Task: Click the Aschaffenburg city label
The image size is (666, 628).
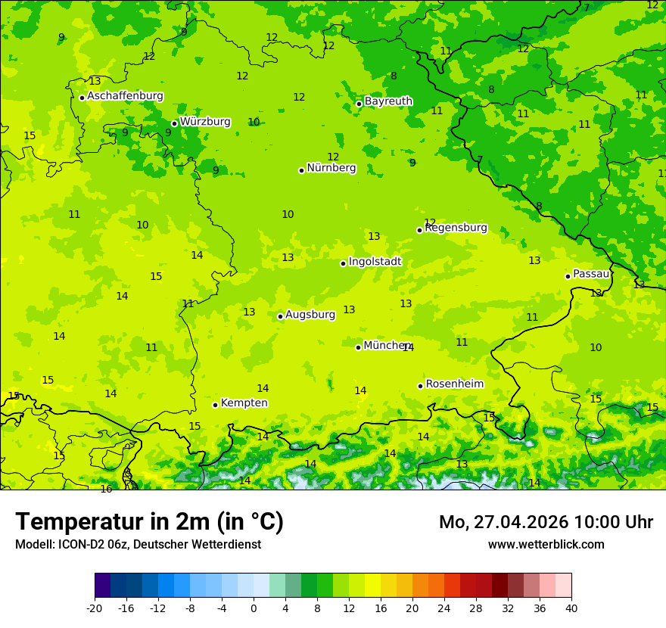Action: [x=125, y=96]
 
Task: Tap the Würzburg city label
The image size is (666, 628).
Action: [x=205, y=122]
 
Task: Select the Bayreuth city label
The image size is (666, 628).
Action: [x=388, y=101]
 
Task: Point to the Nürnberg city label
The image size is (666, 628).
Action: [x=331, y=168]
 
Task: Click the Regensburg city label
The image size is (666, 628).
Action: [x=456, y=228]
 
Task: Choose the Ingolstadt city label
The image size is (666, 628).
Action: [x=375, y=262]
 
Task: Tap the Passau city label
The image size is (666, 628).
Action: [x=591, y=274]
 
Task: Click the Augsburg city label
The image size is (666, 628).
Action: [x=310, y=315]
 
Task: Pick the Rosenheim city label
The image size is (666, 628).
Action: [x=454, y=384]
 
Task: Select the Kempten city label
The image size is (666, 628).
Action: [x=244, y=403]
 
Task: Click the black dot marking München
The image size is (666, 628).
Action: [x=359, y=347]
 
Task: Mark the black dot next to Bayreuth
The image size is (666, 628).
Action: [x=359, y=104]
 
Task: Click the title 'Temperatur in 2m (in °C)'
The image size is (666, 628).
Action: [x=149, y=522]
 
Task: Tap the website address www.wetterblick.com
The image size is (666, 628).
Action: [x=546, y=545]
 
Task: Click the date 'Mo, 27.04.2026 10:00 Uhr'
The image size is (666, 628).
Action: [x=546, y=522]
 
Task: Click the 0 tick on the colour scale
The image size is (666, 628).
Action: [x=254, y=608]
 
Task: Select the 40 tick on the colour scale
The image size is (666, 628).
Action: [x=571, y=608]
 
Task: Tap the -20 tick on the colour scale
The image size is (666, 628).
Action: [x=95, y=608]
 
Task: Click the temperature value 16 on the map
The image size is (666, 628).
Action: [x=106, y=490]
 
